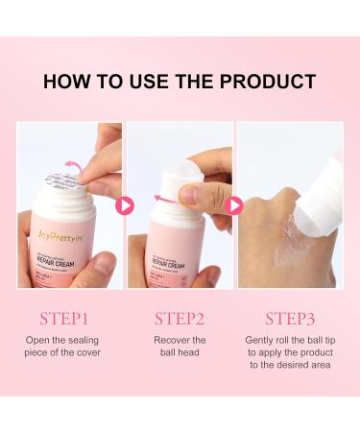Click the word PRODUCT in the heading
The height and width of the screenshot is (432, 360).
pos(269,81)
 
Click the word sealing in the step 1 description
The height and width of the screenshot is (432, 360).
pos(94,341)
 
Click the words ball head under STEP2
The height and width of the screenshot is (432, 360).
pos(180,354)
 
